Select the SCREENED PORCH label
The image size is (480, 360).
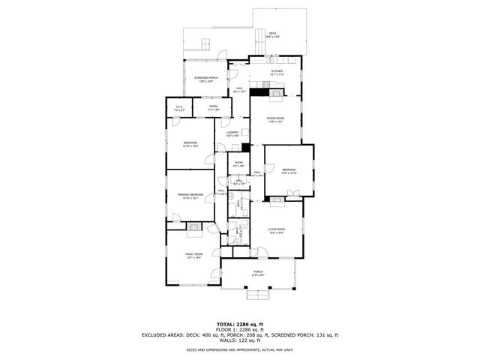[x=206, y=78]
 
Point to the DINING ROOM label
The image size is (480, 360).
[x=276, y=118]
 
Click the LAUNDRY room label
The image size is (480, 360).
[x=232, y=133]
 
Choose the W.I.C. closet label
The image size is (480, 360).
[x=179, y=108]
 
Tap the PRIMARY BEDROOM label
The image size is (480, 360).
[x=190, y=195]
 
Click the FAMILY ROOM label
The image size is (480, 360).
[x=194, y=255]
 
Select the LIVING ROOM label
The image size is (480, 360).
[x=276, y=230]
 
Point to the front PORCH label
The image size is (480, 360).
[x=257, y=272]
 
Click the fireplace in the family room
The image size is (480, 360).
[x=193, y=225]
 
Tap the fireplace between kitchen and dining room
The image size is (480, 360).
[x=259, y=93]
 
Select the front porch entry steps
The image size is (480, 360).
[x=258, y=295]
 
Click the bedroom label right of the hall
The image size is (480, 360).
[x=289, y=171]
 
